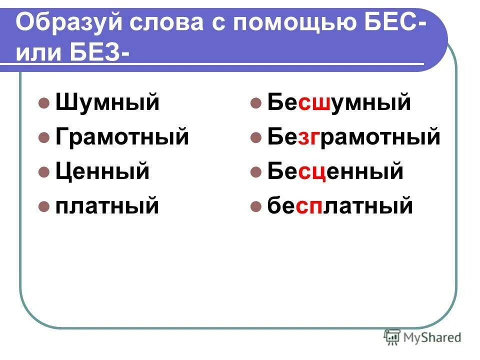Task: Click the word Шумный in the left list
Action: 107,103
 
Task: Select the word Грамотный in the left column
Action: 122,136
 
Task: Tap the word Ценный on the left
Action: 102,171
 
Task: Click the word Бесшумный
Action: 338,103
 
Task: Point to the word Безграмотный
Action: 353,136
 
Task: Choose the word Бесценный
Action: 335,171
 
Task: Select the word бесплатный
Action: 340,205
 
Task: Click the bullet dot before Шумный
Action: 44,104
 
